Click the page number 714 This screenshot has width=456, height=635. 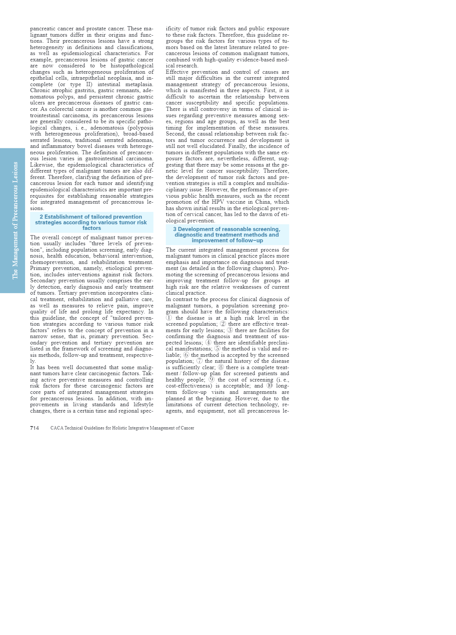34,428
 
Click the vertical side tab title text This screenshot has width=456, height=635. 15,220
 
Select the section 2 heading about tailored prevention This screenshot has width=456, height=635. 91,222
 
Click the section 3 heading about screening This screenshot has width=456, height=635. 227,235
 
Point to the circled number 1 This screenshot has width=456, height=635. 169,318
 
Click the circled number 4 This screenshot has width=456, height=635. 208,343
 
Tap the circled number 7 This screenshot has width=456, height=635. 200,361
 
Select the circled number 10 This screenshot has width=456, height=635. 270,386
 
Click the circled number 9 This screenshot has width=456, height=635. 212,380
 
